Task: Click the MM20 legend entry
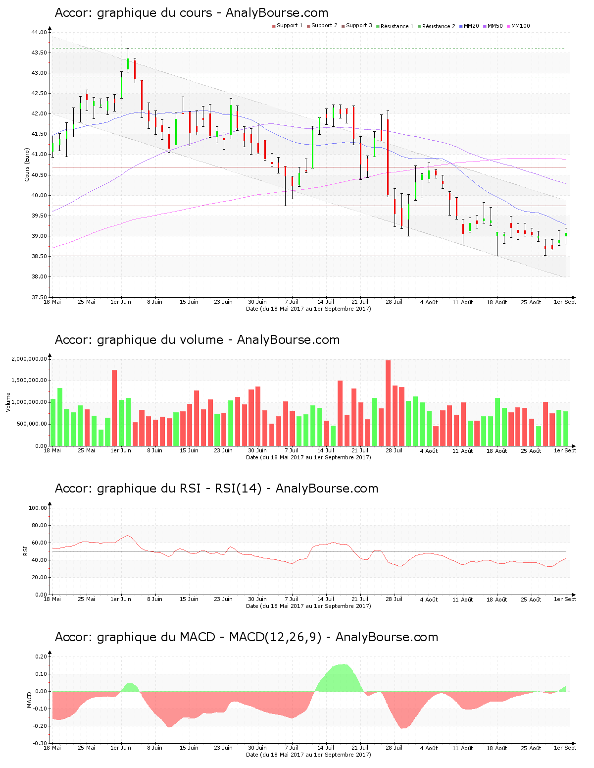point(471,26)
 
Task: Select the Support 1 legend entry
point(289,26)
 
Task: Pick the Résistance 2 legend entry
point(438,26)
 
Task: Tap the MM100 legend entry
point(520,26)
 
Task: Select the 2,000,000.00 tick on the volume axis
point(29,359)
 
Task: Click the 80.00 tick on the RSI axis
point(38,525)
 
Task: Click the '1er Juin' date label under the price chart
point(121,302)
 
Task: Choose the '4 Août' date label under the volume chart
point(429,450)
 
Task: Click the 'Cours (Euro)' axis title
point(27,165)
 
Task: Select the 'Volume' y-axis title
point(8,402)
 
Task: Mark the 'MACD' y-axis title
point(29,700)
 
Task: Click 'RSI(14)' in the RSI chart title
point(238,489)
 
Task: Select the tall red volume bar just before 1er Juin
point(114,407)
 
